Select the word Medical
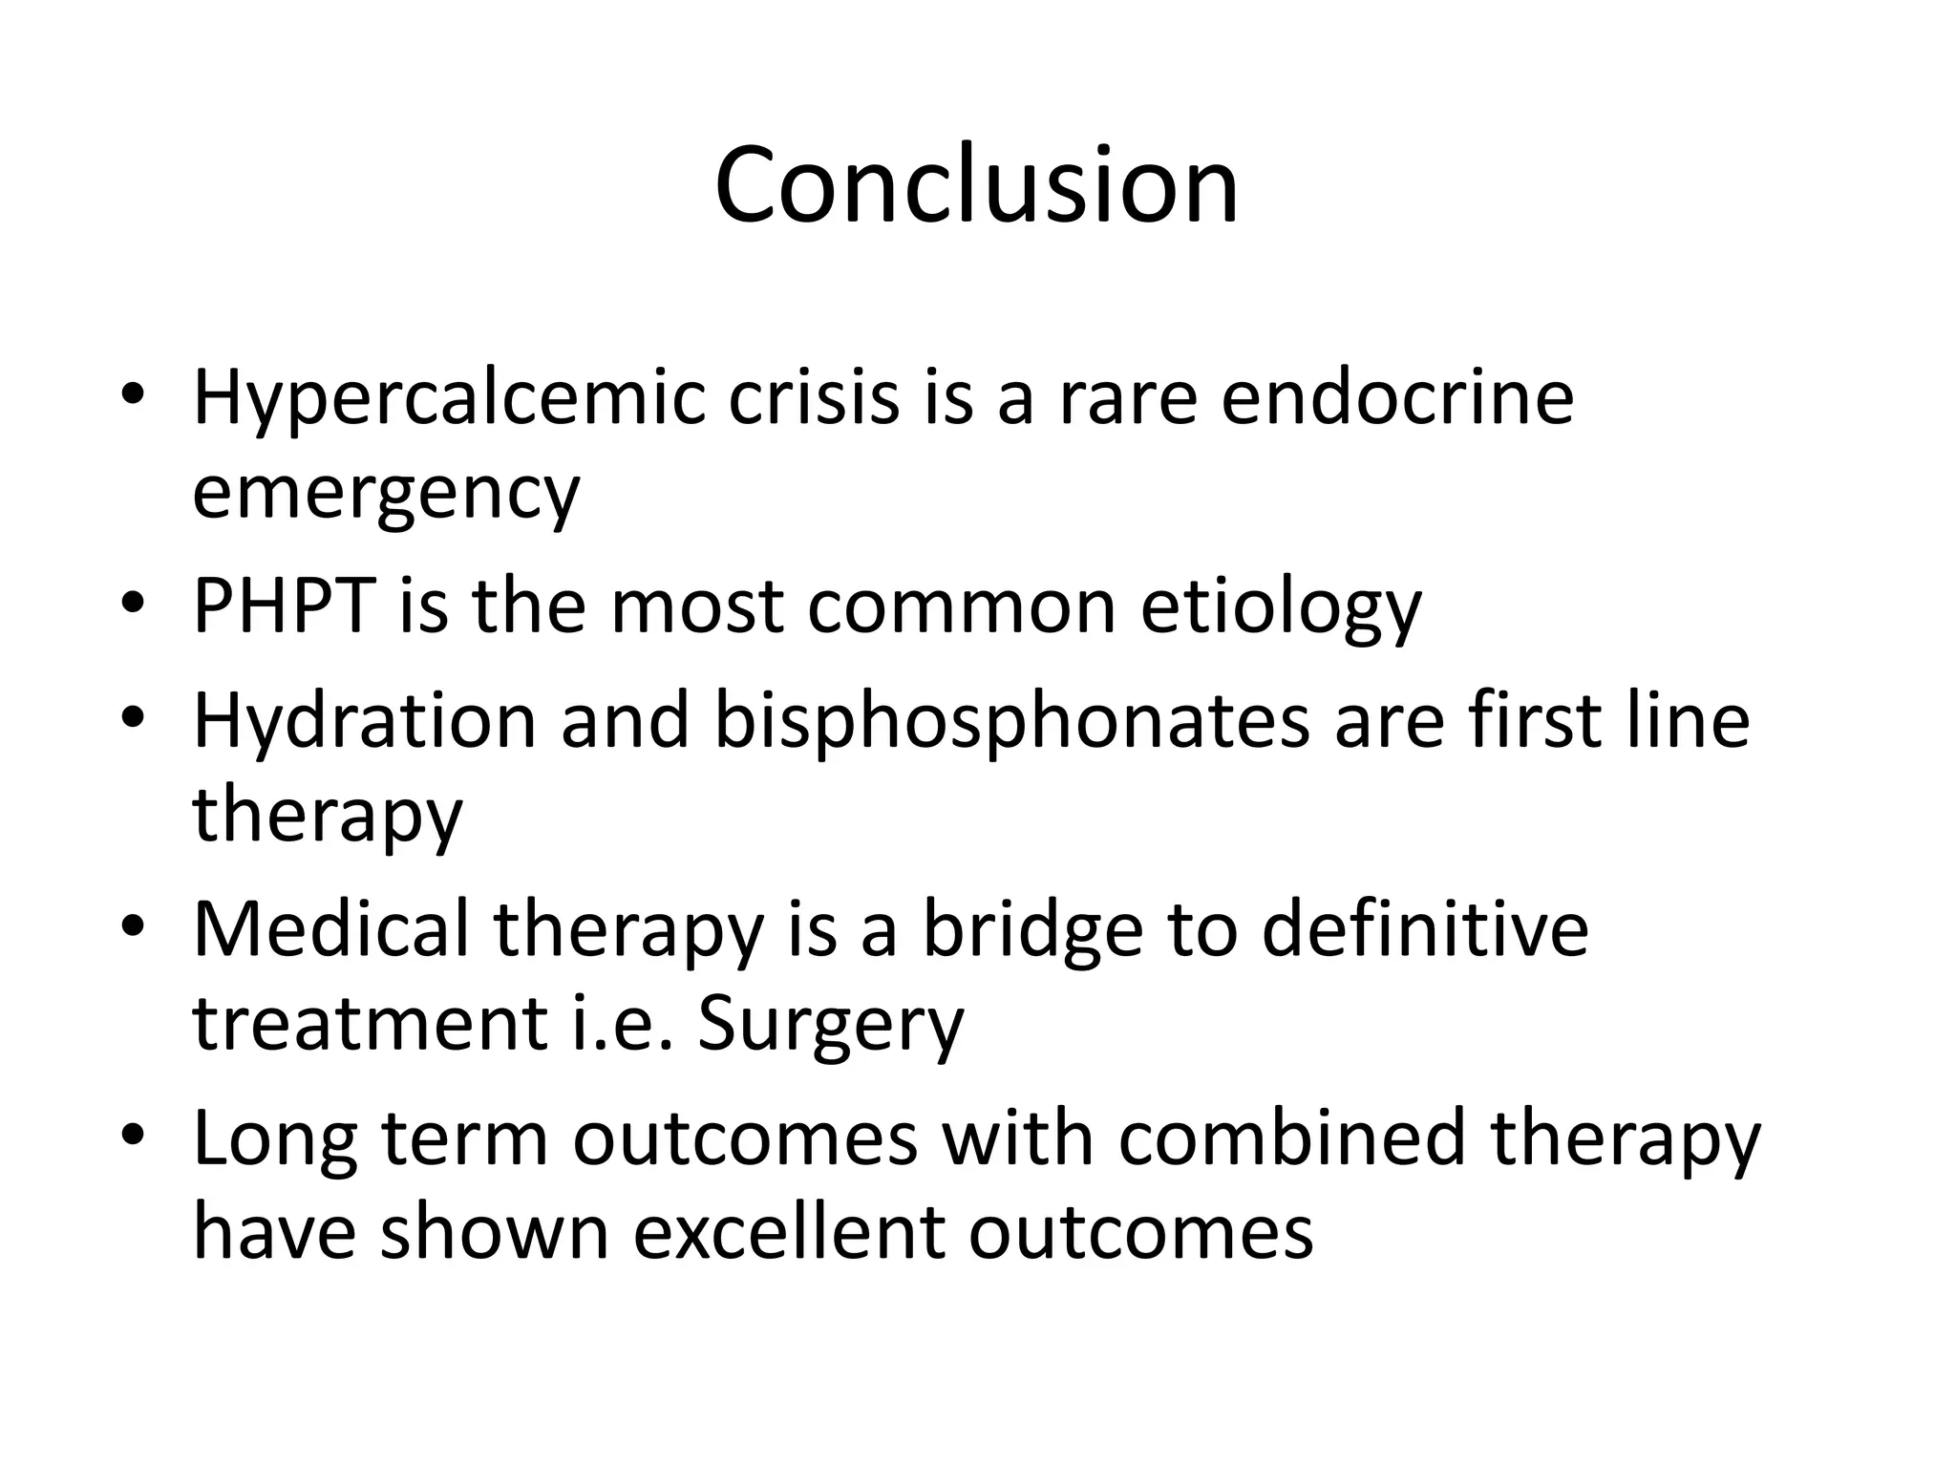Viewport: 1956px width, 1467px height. point(330,928)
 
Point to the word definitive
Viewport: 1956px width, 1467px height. point(1424,928)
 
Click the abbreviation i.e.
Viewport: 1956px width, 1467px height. point(622,1024)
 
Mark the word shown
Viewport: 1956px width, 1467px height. point(494,1232)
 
